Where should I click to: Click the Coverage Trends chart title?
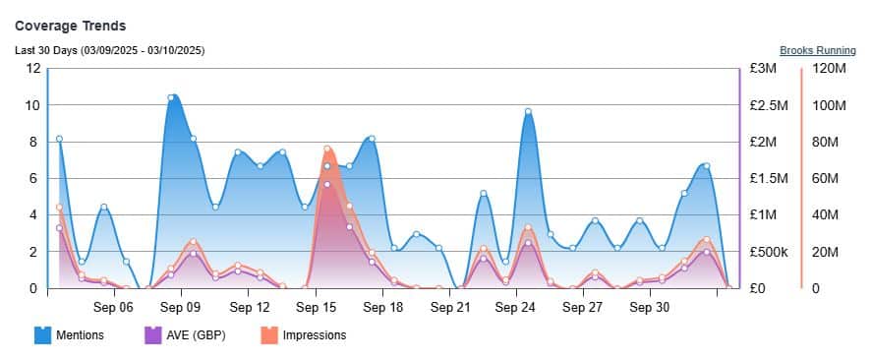click(70, 26)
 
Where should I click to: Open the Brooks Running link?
click(817, 50)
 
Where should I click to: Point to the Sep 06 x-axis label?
click(114, 307)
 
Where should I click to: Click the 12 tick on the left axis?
click(33, 69)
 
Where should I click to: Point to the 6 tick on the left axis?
click(35, 178)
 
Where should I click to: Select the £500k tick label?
click(767, 252)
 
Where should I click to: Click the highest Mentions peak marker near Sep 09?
click(171, 97)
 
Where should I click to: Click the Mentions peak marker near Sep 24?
click(528, 112)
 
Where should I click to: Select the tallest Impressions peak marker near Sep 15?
click(327, 149)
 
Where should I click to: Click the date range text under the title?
click(109, 50)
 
